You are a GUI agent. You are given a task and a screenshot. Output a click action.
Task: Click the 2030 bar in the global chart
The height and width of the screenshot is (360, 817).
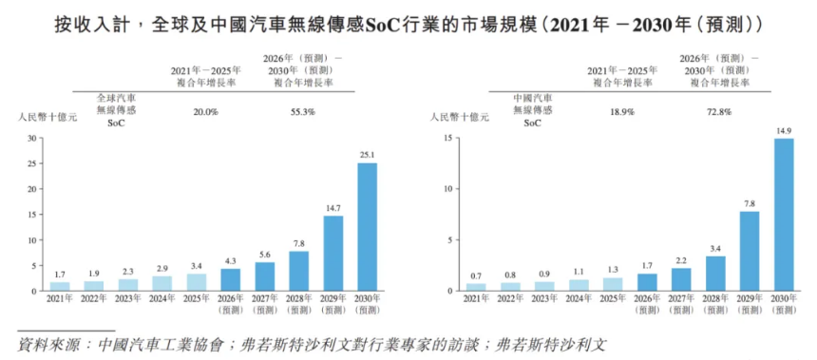click(367, 227)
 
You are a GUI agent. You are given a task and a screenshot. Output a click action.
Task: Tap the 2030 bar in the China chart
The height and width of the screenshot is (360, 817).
click(783, 214)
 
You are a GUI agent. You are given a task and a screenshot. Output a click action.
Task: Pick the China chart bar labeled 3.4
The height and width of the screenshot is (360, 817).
click(715, 273)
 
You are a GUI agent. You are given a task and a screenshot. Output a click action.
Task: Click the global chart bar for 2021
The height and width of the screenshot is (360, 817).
click(60, 285)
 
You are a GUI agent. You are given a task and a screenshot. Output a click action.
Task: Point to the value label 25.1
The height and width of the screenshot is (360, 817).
click(367, 155)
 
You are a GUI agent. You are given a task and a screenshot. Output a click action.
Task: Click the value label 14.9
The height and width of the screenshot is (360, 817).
click(783, 130)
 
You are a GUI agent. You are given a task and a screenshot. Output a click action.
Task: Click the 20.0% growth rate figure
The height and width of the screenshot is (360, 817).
click(206, 111)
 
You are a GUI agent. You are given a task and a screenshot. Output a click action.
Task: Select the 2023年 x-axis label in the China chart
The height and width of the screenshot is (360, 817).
click(544, 299)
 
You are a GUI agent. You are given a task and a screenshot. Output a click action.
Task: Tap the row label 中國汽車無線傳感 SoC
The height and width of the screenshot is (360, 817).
click(532, 109)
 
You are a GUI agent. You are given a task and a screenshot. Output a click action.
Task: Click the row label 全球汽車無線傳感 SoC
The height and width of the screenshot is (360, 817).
click(119, 109)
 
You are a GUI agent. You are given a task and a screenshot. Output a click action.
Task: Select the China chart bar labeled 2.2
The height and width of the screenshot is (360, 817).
click(681, 278)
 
